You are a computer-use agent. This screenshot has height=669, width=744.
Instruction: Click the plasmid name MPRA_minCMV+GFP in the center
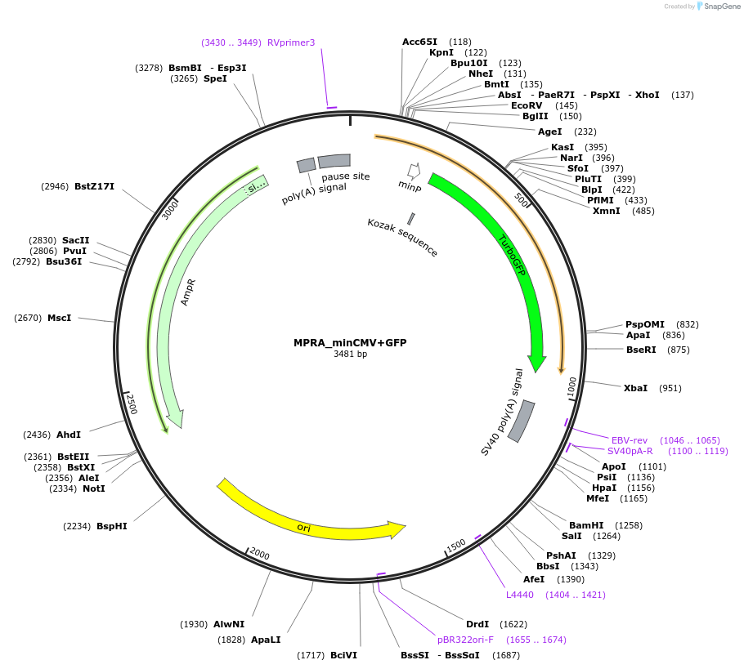pyautogui.click(x=350, y=343)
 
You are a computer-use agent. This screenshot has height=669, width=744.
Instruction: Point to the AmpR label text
pyautogui.click(x=188, y=292)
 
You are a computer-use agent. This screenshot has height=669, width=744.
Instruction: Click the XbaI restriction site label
pyautogui.click(x=635, y=388)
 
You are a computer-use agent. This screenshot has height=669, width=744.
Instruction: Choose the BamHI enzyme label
pyautogui.click(x=586, y=525)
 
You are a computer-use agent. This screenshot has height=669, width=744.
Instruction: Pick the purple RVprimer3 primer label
pyautogui.click(x=291, y=42)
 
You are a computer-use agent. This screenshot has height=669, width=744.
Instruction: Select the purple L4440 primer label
pyautogui.click(x=520, y=595)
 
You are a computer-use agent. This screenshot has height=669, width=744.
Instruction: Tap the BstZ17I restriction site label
pyautogui.click(x=94, y=186)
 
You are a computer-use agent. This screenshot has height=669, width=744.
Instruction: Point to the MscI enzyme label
pyautogui.click(x=59, y=318)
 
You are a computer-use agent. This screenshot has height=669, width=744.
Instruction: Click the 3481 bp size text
pyautogui.click(x=350, y=355)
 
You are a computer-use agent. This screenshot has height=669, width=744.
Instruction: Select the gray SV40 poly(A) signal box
pyautogui.click(x=521, y=421)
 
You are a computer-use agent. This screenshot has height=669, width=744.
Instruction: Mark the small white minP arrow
pyautogui.click(x=414, y=171)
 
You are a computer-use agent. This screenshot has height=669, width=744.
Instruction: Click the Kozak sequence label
pyautogui.click(x=402, y=238)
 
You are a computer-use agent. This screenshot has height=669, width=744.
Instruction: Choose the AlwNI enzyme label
pyautogui.click(x=229, y=624)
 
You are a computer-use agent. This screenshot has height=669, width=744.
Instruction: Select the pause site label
pyautogui.click(x=345, y=176)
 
